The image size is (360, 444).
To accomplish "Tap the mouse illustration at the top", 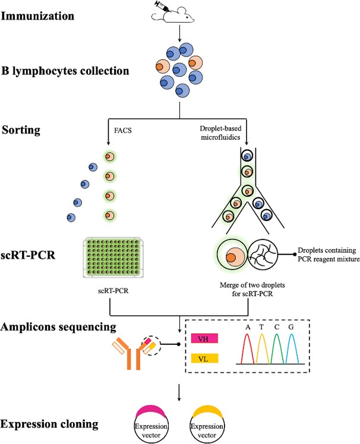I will (181, 17).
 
